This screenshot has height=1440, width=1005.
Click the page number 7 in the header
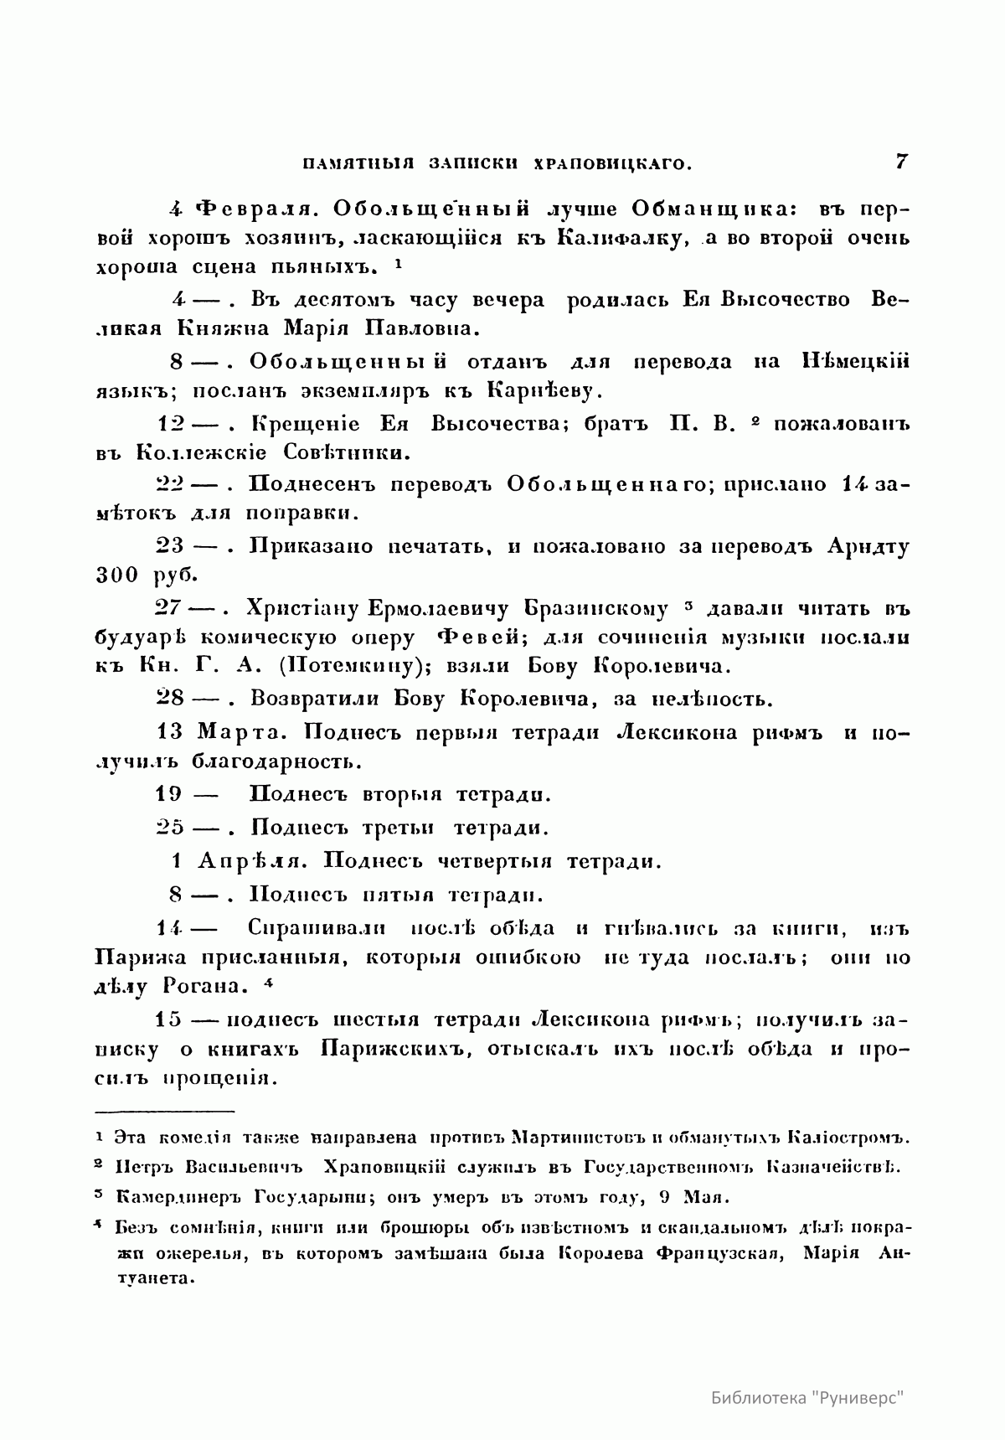coord(902,161)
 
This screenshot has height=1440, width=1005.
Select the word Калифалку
coord(619,238)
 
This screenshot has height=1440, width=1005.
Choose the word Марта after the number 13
coord(244,731)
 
